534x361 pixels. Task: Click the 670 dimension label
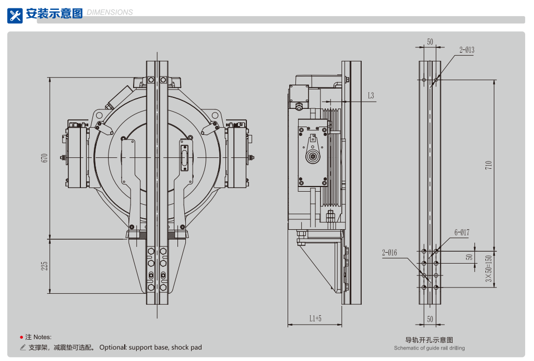[44, 158]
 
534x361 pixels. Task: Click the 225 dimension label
[44, 266]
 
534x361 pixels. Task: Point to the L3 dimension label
[371, 95]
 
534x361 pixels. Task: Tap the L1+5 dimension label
[315, 318]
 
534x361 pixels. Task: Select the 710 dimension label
[489, 166]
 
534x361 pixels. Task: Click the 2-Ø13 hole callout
[467, 50]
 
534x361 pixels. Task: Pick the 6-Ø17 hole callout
[462, 232]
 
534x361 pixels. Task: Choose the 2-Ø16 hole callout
[389, 253]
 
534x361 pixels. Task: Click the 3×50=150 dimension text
[489, 269]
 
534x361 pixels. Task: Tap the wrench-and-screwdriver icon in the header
[15, 16]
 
